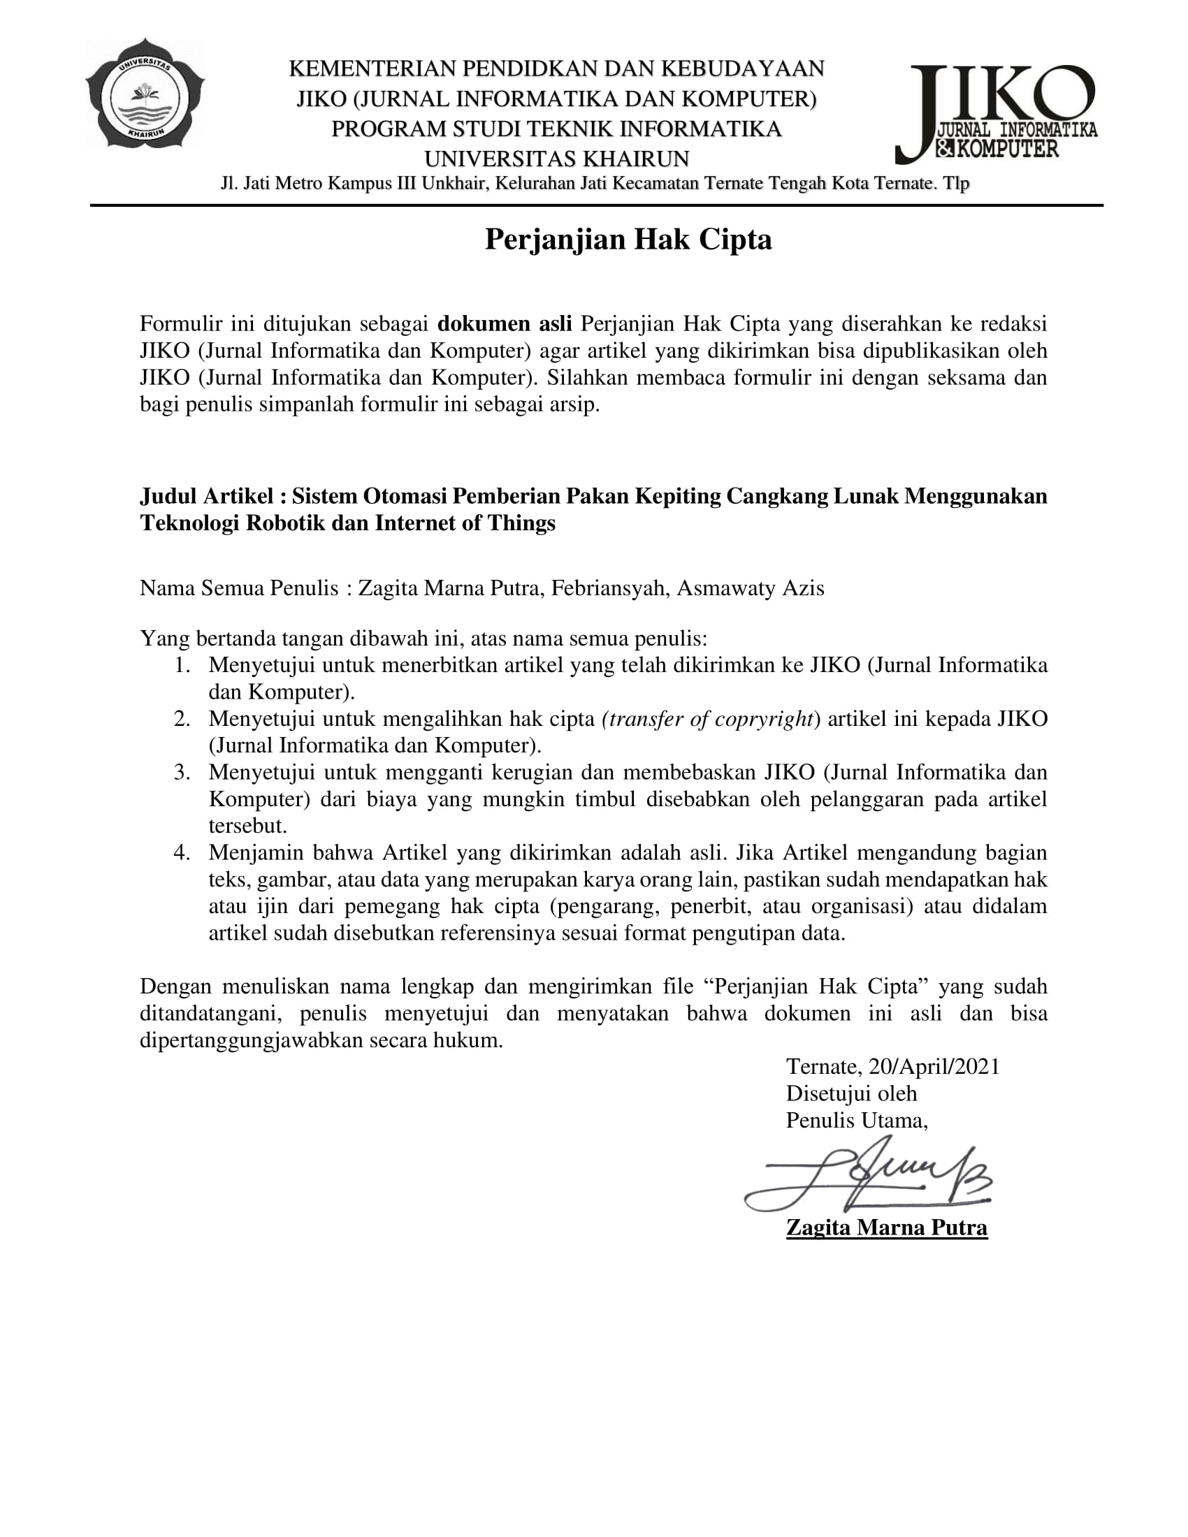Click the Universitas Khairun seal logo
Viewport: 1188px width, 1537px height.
point(145,94)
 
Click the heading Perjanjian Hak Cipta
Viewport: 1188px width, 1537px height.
point(628,240)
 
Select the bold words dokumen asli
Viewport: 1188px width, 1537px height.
point(505,323)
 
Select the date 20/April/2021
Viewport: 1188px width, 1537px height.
point(934,1067)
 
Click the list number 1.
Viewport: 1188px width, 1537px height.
point(182,665)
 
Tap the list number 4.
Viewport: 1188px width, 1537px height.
point(182,853)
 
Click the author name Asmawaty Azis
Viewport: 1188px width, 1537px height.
point(751,588)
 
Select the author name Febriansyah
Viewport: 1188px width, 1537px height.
point(609,588)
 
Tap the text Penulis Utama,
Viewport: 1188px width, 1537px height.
point(857,1121)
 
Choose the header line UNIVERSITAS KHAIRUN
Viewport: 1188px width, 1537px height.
point(556,159)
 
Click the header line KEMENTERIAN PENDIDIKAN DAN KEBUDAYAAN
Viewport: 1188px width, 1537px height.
point(556,69)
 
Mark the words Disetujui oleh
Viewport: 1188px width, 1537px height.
point(851,1093)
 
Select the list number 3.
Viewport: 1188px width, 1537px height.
point(182,773)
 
